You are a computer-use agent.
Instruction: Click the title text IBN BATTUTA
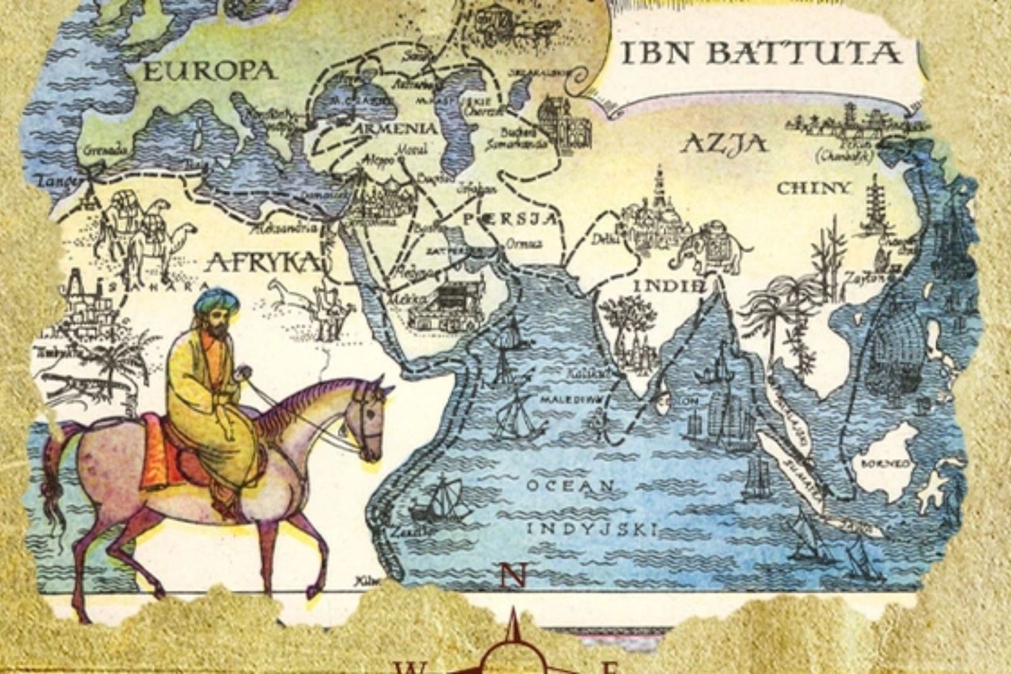[x=761, y=53]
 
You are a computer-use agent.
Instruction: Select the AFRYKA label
[x=262, y=261]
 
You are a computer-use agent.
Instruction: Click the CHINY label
[x=814, y=188]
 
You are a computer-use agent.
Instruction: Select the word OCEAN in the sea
[x=570, y=486]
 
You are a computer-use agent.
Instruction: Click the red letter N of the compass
[x=513, y=576]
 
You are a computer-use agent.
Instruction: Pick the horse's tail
[x=54, y=481]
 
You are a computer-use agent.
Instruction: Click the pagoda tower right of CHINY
[x=878, y=205]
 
